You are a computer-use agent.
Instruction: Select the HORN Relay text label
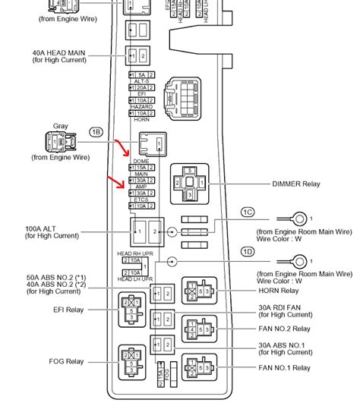click(279, 291)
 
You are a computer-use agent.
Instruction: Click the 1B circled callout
click(96, 131)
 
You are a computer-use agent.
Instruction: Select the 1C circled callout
click(248, 212)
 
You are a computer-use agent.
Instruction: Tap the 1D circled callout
click(248, 252)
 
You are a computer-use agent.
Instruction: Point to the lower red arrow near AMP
click(118, 183)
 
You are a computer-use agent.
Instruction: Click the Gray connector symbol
click(61, 142)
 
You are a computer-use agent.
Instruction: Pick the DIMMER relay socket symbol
click(188, 183)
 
